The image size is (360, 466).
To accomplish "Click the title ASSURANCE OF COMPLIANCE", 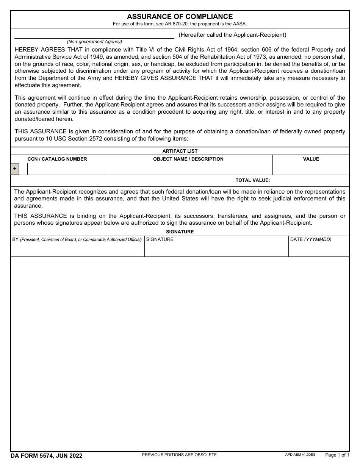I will pyautogui.click(x=180, y=17).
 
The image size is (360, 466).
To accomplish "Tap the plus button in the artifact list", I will pyautogui.click(x=15, y=169).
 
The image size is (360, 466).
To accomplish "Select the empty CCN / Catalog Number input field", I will pyautogui.click(x=66, y=169).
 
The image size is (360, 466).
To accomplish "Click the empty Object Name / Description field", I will pyautogui.click(x=188, y=169).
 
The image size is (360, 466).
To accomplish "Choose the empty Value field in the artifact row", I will pyautogui.click(x=311, y=169).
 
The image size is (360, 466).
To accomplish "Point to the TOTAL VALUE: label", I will pyautogui.click(x=253, y=180).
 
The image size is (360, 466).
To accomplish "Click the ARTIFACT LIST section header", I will pyautogui.click(x=180, y=151).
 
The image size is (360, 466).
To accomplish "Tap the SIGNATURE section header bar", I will pyautogui.click(x=180, y=232).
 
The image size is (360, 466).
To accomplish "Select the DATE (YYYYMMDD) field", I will pyautogui.click(x=319, y=248).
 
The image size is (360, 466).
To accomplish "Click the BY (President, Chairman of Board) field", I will pyautogui.click(x=77, y=248).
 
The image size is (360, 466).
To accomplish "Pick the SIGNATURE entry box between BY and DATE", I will pyautogui.click(x=216, y=248).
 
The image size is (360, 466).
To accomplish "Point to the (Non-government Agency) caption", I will pyautogui.click(x=94, y=42).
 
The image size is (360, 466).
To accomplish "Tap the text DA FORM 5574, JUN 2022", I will pyautogui.click(x=47, y=456).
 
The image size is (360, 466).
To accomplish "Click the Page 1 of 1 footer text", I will pyautogui.click(x=337, y=455).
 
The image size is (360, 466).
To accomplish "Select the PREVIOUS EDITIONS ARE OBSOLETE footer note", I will pyautogui.click(x=180, y=455).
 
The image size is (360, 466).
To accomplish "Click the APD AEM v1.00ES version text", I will pyautogui.click(x=300, y=454).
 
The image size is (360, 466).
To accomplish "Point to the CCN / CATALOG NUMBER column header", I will pyautogui.click(x=57, y=159).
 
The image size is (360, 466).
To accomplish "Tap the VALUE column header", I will pyautogui.click(x=311, y=159).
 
